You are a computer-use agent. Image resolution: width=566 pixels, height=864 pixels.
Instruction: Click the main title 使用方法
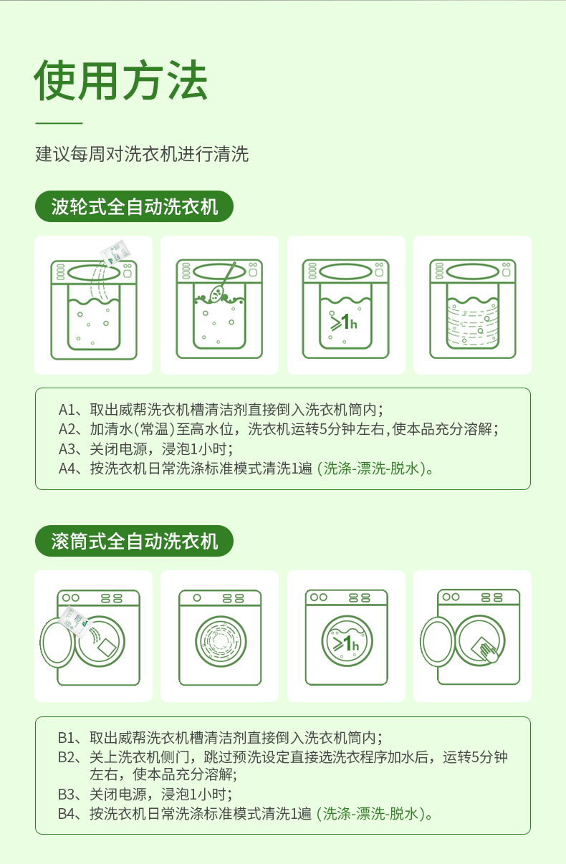(121, 80)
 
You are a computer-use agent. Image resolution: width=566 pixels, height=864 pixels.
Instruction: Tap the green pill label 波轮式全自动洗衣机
(134, 206)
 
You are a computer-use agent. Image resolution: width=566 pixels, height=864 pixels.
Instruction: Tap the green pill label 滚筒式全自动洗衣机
(134, 541)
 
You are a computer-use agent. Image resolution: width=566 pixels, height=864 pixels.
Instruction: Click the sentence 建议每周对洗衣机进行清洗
(142, 154)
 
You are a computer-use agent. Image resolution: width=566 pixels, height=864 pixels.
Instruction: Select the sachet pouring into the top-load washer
(115, 252)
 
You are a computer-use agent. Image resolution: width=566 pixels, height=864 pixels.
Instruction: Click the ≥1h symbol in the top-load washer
(343, 322)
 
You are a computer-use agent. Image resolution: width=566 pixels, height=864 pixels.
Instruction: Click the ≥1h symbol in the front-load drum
(346, 643)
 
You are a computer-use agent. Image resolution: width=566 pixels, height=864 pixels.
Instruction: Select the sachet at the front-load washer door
(75, 621)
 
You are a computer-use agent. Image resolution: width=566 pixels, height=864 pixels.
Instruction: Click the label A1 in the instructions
(67, 410)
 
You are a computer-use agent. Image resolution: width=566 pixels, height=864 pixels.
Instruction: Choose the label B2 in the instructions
(67, 757)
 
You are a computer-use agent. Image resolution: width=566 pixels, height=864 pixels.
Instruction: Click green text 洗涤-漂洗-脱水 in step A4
(371, 469)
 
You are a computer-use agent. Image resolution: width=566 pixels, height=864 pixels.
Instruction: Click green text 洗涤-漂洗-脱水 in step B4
(370, 813)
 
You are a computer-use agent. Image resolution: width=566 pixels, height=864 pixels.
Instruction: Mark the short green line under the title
(59, 123)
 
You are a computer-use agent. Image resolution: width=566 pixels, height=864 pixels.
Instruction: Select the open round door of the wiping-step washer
(437, 642)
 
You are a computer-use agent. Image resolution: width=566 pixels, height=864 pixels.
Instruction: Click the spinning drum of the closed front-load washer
(220, 641)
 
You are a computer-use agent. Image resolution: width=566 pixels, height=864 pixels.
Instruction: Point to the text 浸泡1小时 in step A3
(197, 449)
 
